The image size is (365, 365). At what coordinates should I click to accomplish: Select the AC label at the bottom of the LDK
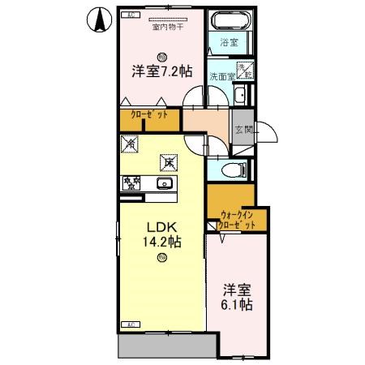click(x=128, y=324)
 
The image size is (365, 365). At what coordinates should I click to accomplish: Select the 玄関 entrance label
click(x=243, y=130)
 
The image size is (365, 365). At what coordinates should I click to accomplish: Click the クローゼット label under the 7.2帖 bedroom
click(x=150, y=116)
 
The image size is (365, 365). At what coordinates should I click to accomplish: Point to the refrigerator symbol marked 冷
click(x=131, y=144)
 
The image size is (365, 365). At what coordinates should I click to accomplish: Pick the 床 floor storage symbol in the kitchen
click(x=168, y=162)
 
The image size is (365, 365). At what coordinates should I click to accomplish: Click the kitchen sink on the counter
click(x=163, y=182)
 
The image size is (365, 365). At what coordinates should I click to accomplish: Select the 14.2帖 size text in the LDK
click(x=163, y=241)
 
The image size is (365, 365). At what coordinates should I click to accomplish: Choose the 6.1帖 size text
click(x=236, y=305)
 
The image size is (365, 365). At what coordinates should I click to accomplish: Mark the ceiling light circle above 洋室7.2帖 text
click(x=162, y=56)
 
